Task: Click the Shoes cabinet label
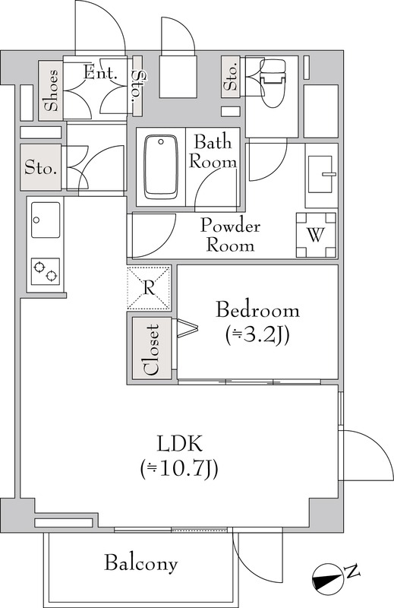click(x=51, y=90)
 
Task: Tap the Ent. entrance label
click(x=100, y=73)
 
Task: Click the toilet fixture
click(x=274, y=82)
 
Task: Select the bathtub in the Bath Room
click(x=161, y=167)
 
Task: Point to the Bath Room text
click(x=213, y=152)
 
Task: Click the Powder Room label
click(x=230, y=236)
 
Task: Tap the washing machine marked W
click(x=316, y=235)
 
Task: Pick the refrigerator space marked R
click(x=149, y=288)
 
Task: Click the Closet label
click(x=152, y=350)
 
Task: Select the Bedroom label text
click(x=257, y=311)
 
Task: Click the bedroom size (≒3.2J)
click(x=257, y=335)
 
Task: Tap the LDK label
click(x=179, y=444)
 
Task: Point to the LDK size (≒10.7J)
click(x=179, y=468)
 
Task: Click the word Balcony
click(x=141, y=563)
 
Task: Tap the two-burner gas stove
click(x=46, y=271)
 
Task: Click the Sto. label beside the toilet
click(x=232, y=78)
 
